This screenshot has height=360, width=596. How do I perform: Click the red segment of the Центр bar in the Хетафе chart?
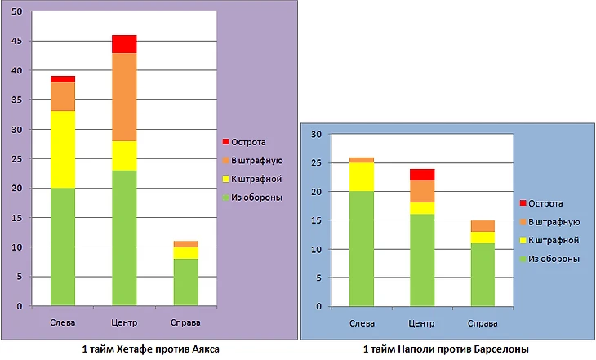(x=124, y=43)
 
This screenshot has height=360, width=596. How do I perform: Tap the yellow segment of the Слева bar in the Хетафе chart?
(x=63, y=149)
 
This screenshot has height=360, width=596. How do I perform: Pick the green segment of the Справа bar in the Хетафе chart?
(x=186, y=282)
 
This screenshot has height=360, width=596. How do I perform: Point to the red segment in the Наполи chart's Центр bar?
(x=422, y=174)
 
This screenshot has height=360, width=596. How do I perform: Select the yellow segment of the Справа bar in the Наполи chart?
(x=483, y=237)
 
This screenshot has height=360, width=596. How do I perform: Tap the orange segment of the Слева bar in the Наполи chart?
(x=361, y=160)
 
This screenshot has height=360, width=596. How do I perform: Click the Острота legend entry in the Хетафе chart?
(x=249, y=142)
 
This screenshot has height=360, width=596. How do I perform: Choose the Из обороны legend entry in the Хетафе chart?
(x=257, y=197)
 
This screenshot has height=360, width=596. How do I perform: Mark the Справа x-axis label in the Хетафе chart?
(x=186, y=322)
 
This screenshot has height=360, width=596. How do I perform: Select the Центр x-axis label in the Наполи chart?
(x=422, y=322)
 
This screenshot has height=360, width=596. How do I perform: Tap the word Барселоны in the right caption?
(x=505, y=349)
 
